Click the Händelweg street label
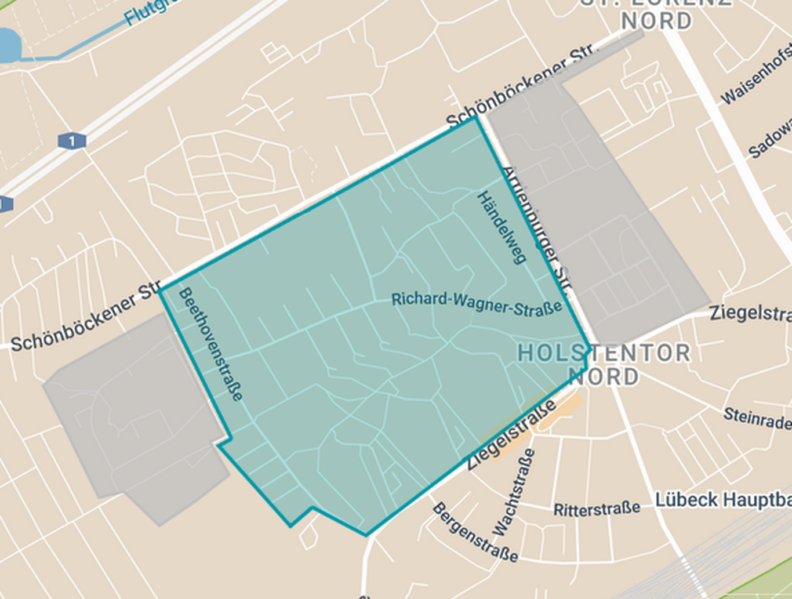coord(502,227)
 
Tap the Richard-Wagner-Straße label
coord(477,303)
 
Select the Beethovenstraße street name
coord(210,344)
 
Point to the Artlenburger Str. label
coord(536,230)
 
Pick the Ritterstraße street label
coord(597,509)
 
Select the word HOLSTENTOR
coord(604,353)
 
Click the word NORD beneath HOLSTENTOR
coord(603,377)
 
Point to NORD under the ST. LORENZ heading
coord(656,21)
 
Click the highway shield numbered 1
coord(72,141)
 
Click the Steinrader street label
coord(757,418)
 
